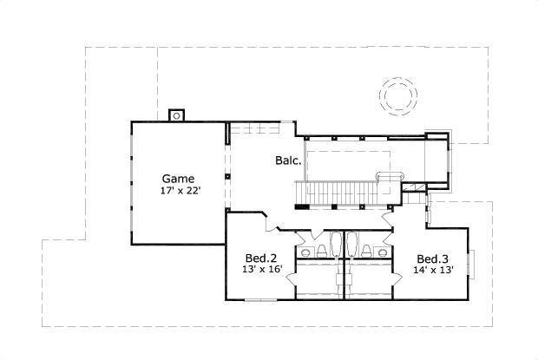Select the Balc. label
pyautogui.click(x=288, y=160)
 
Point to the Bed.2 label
pyautogui.click(x=260, y=259)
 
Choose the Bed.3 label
pyautogui.click(x=432, y=259)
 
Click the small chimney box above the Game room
pyautogui.click(x=176, y=114)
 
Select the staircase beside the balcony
pyautogui.click(x=338, y=190)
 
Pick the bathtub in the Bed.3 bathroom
pyautogui.click(x=353, y=244)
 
